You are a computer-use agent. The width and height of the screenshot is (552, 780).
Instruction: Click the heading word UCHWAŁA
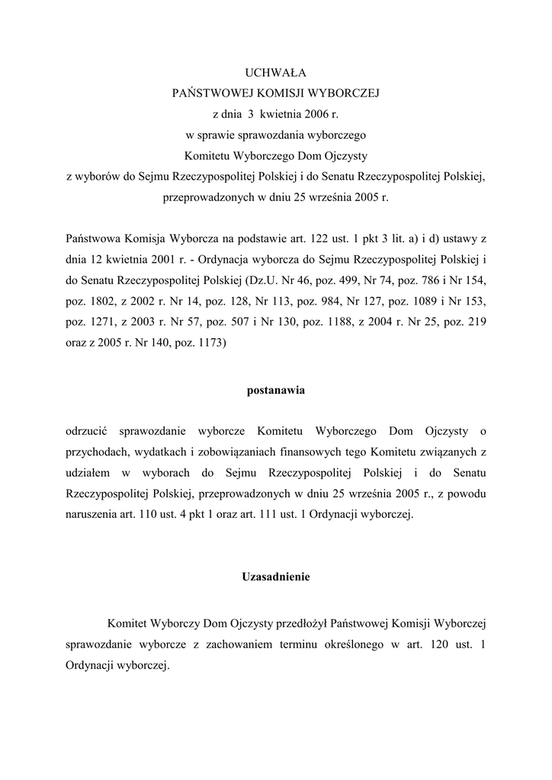tap(275, 73)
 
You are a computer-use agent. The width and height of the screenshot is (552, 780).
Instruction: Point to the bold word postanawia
tap(275, 391)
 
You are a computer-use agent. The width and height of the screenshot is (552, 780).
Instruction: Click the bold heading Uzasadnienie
tap(275, 577)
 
